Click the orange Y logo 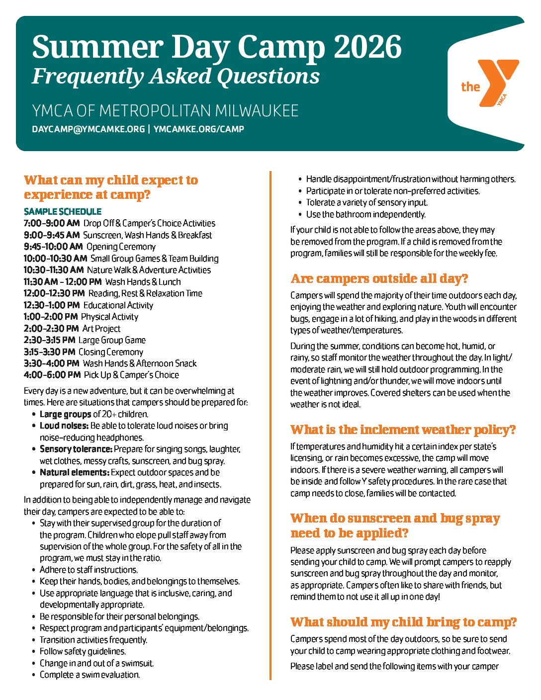click(495, 82)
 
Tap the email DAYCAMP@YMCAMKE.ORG click(88, 129)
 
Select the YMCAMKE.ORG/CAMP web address click(199, 129)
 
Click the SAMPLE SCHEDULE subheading click(63, 211)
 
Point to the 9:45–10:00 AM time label click(53, 247)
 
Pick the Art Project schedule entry click(101, 329)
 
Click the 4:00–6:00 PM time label click(52, 375)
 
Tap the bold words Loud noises click(64, 426)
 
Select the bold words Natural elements click(74, 472)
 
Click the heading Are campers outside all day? click(379, 278)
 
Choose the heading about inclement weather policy click(403, 430)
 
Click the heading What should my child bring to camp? click(404, 622)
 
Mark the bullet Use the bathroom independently click(366, 214)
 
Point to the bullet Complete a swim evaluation click(90, 675)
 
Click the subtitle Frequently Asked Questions click(176, 76)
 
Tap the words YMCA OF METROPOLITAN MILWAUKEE click(165, 110)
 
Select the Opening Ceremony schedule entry click(121, 247)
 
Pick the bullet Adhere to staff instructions click(89, 570)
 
